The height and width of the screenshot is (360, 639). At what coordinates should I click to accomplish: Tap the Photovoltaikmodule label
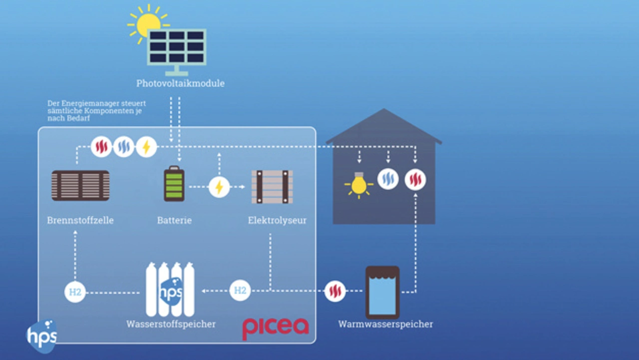pyautogui.click(x=180, y=83)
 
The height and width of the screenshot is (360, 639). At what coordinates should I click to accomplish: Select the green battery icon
pyautogui.click(x=174, y=184)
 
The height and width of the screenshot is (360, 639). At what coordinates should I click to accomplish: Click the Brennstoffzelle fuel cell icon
pyautogui.click(x=80, y=186)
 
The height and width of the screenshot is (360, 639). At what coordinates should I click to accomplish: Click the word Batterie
pyautogui.click(x=174, y=220)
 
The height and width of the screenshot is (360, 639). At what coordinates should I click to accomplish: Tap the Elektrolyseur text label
pyautogui.click(x=277, y=220)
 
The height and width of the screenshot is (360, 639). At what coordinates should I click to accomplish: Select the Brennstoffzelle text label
pyautogui.click(x=80, y=220)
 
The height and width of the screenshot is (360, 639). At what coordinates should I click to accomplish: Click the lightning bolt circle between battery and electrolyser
pyautogui.click(x=219, y=187)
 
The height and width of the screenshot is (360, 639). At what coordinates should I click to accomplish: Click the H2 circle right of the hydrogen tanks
pyautogui.click(x=240, y=291)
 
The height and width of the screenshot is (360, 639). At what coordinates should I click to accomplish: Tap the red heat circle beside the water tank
pyautogui.click(x=335, y=291)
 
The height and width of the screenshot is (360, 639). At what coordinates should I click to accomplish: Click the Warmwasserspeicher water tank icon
pyautogui.click(x=382, y=292)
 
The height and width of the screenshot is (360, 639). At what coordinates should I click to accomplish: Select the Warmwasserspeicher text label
pyautogui.click(x=385, y=324)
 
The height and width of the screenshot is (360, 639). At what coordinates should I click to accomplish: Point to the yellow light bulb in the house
pyautogui.click(x=358, y=185)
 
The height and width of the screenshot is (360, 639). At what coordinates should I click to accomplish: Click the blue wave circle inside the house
pyautogui.click(x=388, y=179)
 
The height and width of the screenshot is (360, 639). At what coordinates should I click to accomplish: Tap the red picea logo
pyautogui.click(x=276, y=328)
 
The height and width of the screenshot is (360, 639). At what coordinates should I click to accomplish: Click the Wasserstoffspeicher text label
pyautogui.click(x=171, y=324)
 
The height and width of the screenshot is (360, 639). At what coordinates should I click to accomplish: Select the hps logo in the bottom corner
pyautogui.click(x=42, y=335)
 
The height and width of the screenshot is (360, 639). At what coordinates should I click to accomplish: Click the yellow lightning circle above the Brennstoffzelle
pyautogui.click(x=146, y=147)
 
